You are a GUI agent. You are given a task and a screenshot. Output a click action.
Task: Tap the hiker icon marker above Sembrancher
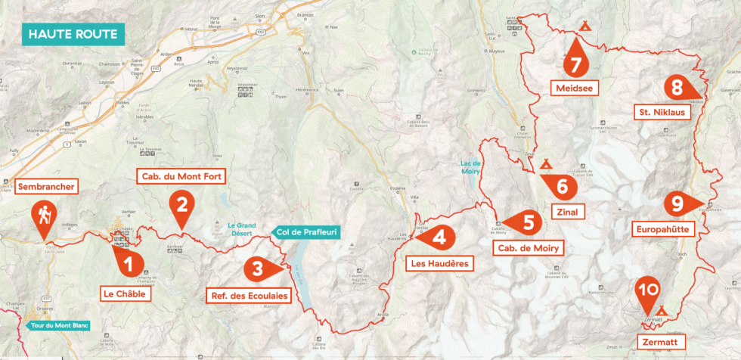coord(42,216)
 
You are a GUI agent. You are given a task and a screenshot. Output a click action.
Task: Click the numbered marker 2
coord(181,204)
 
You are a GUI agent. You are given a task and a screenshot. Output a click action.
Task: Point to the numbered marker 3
coord(258,268)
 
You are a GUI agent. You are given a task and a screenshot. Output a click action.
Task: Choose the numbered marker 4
coord(441,237)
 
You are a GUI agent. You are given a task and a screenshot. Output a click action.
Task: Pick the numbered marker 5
coord(528,222)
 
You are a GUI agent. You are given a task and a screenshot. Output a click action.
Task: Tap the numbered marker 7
coord(575,64)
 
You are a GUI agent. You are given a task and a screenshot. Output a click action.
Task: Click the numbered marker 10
coord(646,290)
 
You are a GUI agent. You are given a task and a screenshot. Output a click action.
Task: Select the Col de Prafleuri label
coord(305,232)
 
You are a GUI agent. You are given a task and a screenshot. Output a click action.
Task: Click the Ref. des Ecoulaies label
coord(249,296)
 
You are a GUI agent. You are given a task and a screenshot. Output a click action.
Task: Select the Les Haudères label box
coord(439,264)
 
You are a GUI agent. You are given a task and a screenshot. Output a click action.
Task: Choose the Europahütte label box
coord(665,228)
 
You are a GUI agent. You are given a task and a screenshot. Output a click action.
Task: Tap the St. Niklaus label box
coord(659,113)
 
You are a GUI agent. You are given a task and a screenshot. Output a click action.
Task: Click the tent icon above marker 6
coord(545,163)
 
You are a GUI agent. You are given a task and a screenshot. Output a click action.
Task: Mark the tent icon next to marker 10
coord(662,309)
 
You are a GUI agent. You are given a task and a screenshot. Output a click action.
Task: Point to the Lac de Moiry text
coord(472,167)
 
